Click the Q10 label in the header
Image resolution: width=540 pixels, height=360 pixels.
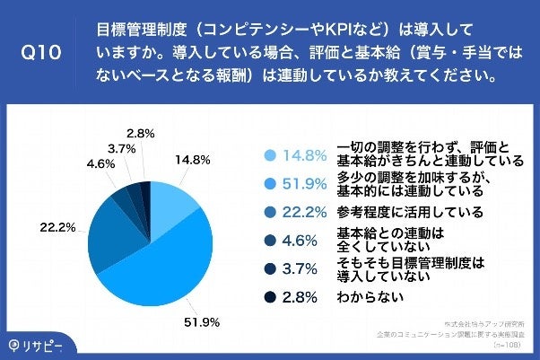click(x=41, y=52)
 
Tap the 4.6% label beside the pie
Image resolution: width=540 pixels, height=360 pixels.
click(x=99, y=164)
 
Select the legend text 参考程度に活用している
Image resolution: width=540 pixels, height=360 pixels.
click(x=410, y=213)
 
